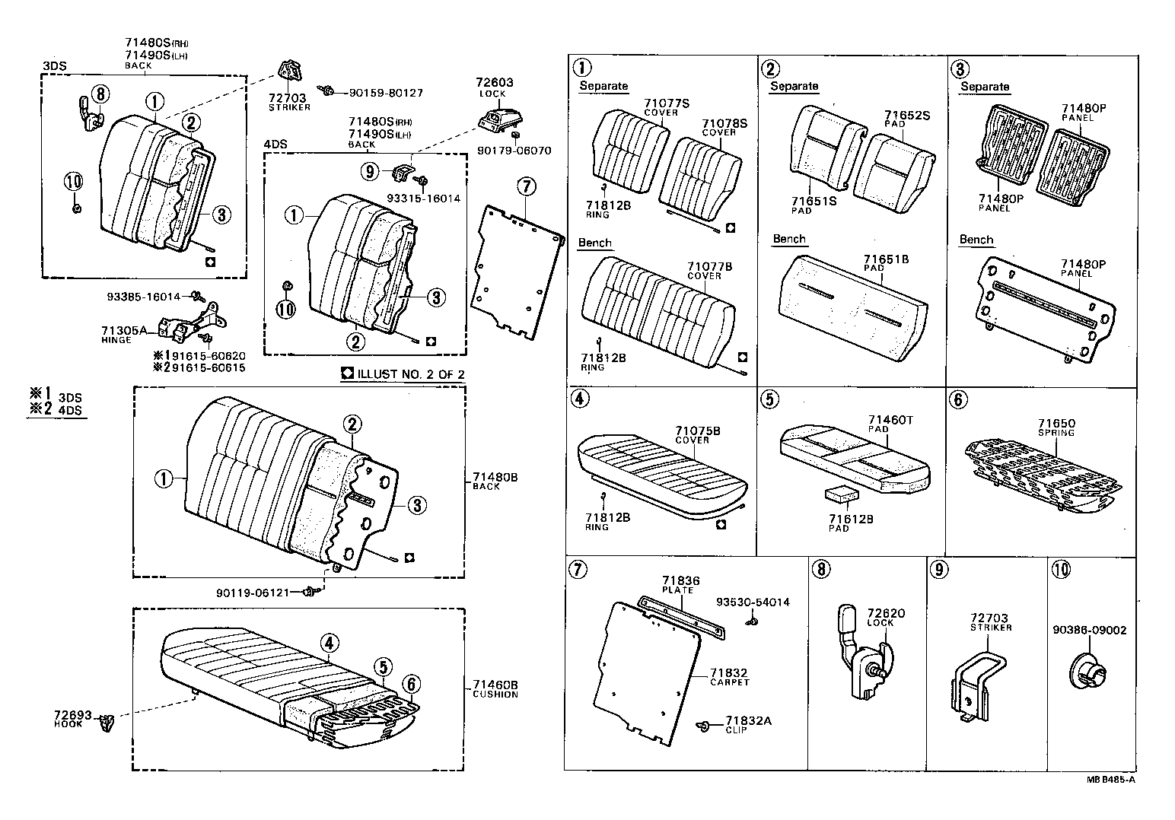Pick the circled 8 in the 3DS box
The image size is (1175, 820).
tap(101, 94)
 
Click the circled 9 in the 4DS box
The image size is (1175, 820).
tap(370, 171)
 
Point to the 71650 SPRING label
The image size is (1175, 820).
tap(1056, 427)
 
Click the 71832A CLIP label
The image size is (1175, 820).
tap(747, 724)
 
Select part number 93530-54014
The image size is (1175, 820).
tap(753, 602)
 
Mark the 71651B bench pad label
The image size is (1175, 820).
tap(886, 263)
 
